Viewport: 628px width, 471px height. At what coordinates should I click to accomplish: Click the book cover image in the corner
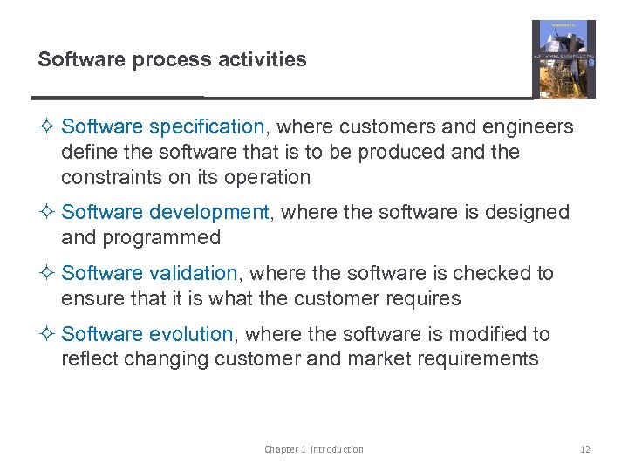pos(563,59)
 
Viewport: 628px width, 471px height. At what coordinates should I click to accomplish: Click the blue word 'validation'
pos(194,273)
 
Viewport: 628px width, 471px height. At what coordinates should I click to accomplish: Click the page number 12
pos(584,449)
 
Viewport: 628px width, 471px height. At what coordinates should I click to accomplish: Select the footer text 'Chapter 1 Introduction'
pos(314,449)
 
